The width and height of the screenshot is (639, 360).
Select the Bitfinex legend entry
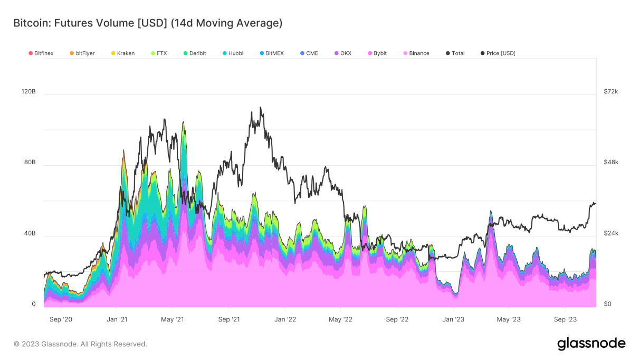pyautogui.click(x=44, y=53)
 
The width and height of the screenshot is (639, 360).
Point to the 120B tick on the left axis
pyautogui.click(x=28, y=91)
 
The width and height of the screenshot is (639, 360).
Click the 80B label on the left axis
pyautogui.click(x=30, y=162)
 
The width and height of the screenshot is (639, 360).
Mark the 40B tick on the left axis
pyautogui.click(x=30, y=233)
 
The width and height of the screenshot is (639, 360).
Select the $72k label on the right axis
pyautogui.click(x=611, y=91)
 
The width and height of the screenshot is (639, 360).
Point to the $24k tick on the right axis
pyautogui.click(x=611, y=233)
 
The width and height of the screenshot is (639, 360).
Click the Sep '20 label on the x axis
pyautogui.click(x=60, y=319)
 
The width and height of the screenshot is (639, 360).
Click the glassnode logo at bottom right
pyautogui.click(x=591, y=344)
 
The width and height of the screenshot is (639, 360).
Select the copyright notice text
pyautogui.click(x=80, y=344)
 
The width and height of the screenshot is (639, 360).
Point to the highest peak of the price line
pyautogui.click(x=260, y=108)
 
